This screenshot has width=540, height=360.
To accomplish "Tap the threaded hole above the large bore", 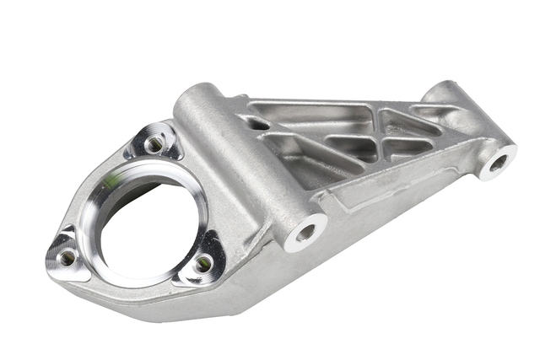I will (154, 145).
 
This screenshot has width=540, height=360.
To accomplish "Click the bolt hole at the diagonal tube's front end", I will (305, 230).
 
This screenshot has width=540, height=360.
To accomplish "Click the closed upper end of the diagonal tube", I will (195, 94).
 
